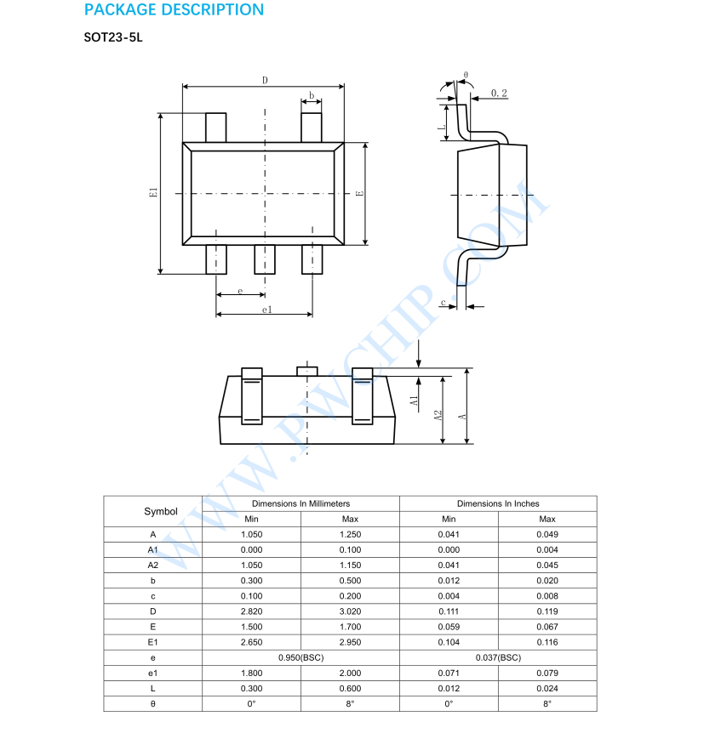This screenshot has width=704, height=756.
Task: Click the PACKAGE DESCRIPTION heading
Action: [x=174, y=10]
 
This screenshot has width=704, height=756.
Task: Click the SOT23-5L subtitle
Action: [x=113, y=39]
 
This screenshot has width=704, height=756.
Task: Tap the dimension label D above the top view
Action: [x=265, y=80]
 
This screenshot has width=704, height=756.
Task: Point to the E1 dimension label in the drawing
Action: [x=153, y=193]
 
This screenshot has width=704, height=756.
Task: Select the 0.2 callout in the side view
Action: [x=499, y=93]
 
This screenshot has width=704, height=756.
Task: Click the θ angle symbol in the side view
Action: [x=465, y=76]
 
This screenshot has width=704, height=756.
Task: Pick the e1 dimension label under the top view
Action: [x=266, y=310]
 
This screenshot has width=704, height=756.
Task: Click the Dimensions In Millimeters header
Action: [x=300, y=503]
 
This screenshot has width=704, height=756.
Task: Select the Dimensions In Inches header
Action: [x=498, y=503]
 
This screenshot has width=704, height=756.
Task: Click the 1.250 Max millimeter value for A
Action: [x=350, y=535]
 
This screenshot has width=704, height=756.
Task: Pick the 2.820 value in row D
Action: [x=252, y=611]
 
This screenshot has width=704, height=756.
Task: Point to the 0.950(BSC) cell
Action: [x=300, y=657]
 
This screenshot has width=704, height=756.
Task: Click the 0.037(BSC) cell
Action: [x=498, y=657]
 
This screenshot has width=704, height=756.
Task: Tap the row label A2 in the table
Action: [x=153, y=566]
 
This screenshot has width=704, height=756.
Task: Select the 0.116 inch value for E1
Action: [x=547, y=642]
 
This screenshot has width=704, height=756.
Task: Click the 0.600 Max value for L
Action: [x=350, y=688]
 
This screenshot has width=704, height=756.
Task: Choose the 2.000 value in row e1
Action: [x=350, y=673]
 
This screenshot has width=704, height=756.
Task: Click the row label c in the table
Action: [x=153, y=596]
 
